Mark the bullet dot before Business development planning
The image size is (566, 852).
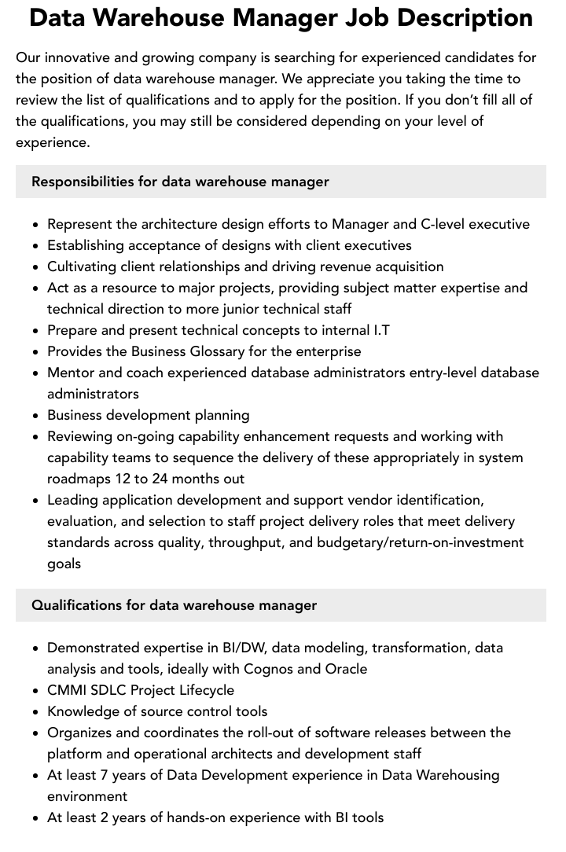point(36,416)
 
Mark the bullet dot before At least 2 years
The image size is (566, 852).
point(36,818)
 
